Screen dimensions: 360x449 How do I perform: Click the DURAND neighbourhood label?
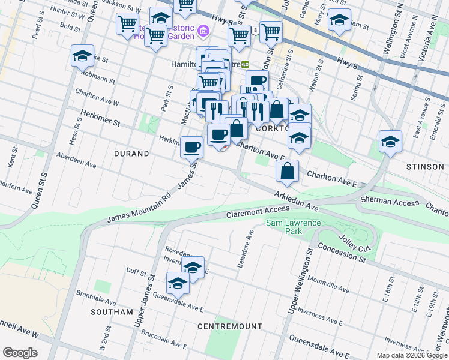pos(131,154)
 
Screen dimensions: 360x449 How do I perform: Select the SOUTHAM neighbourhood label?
pos(111,312)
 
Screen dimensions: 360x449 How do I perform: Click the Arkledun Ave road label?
pos(296,200)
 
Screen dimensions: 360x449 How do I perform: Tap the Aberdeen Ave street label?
pos(76,160)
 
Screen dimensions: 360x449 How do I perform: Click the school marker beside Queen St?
pos(82,56)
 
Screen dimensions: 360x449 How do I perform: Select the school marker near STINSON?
pos(390,142)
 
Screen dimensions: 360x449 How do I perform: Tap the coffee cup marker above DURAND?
pos(192,146)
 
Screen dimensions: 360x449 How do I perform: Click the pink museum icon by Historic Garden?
pos(203,30)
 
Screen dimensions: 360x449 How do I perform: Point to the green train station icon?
pos(245,64)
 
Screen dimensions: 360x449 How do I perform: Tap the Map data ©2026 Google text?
pos(411,355)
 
